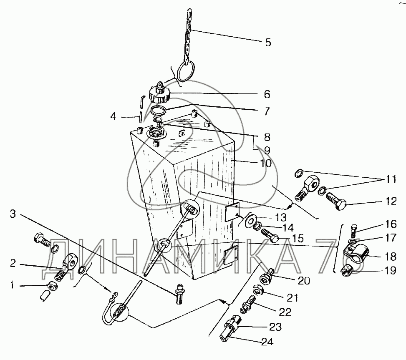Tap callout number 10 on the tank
pos(266,163)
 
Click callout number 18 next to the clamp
pos(389,257)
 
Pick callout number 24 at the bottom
pos(267,342)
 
